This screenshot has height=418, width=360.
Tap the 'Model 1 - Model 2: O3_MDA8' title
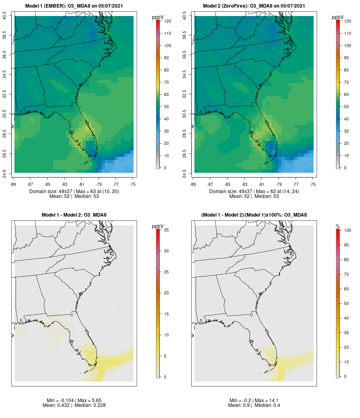[x=74, y=215]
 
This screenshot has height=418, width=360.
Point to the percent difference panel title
[x=254, y=215]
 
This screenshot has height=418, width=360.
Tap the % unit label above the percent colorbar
[x=338, y=226]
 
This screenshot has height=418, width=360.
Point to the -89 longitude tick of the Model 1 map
[x=14, y=184]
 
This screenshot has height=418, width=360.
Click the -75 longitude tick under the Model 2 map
[x=313, y=184]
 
